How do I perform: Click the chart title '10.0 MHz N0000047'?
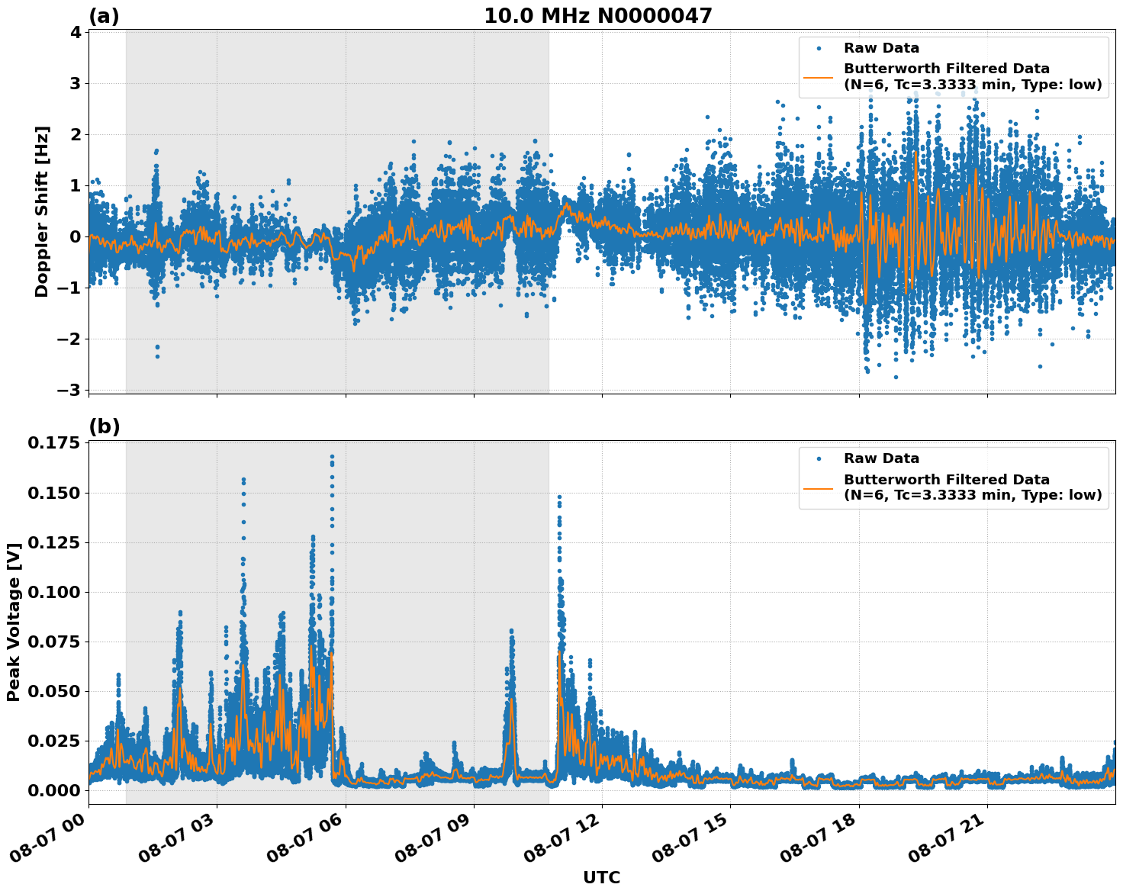tap(597, 16)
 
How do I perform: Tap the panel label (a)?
tap(104, 16)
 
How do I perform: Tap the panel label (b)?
tap(104, 427)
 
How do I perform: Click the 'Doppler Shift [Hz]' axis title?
tap(42, 211)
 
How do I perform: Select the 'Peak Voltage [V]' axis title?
tap(13, 622)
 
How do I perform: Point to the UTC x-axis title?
tap(601, 877)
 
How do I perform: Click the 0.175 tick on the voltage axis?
tap(53, 444)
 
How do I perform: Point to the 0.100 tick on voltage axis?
tap(53, 592)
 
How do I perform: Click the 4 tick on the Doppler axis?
tap(76, 32)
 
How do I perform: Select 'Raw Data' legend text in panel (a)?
tap(881, 49)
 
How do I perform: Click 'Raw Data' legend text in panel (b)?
tap(881, 458)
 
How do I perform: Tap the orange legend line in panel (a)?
tap(818, 76)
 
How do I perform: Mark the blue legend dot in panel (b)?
tap(818, 459)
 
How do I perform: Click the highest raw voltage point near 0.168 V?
tap(332, 457)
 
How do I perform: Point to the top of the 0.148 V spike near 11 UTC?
tap(559, 497)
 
